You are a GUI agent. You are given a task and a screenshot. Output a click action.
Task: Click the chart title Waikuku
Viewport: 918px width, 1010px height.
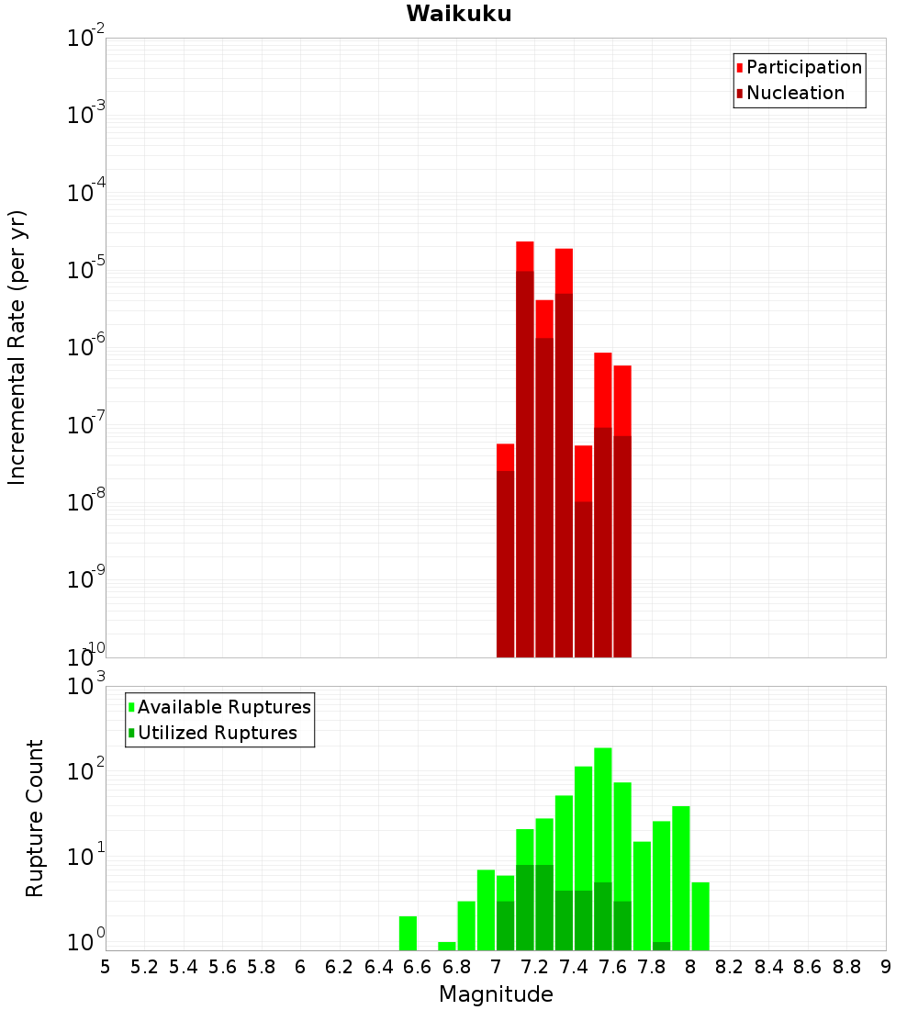coord(459,14)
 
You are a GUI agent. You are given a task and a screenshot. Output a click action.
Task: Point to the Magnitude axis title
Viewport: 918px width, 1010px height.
coord(496,994)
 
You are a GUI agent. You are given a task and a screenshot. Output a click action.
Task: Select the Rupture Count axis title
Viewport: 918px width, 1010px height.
coord(35,817)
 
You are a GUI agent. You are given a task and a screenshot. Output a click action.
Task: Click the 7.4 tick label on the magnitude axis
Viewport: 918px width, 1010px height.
coord(574,967)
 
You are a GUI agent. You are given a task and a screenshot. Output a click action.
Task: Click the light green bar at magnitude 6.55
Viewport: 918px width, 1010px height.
coord(409,933)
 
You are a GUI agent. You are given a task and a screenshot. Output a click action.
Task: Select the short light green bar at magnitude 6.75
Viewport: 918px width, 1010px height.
coord(447,946)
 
